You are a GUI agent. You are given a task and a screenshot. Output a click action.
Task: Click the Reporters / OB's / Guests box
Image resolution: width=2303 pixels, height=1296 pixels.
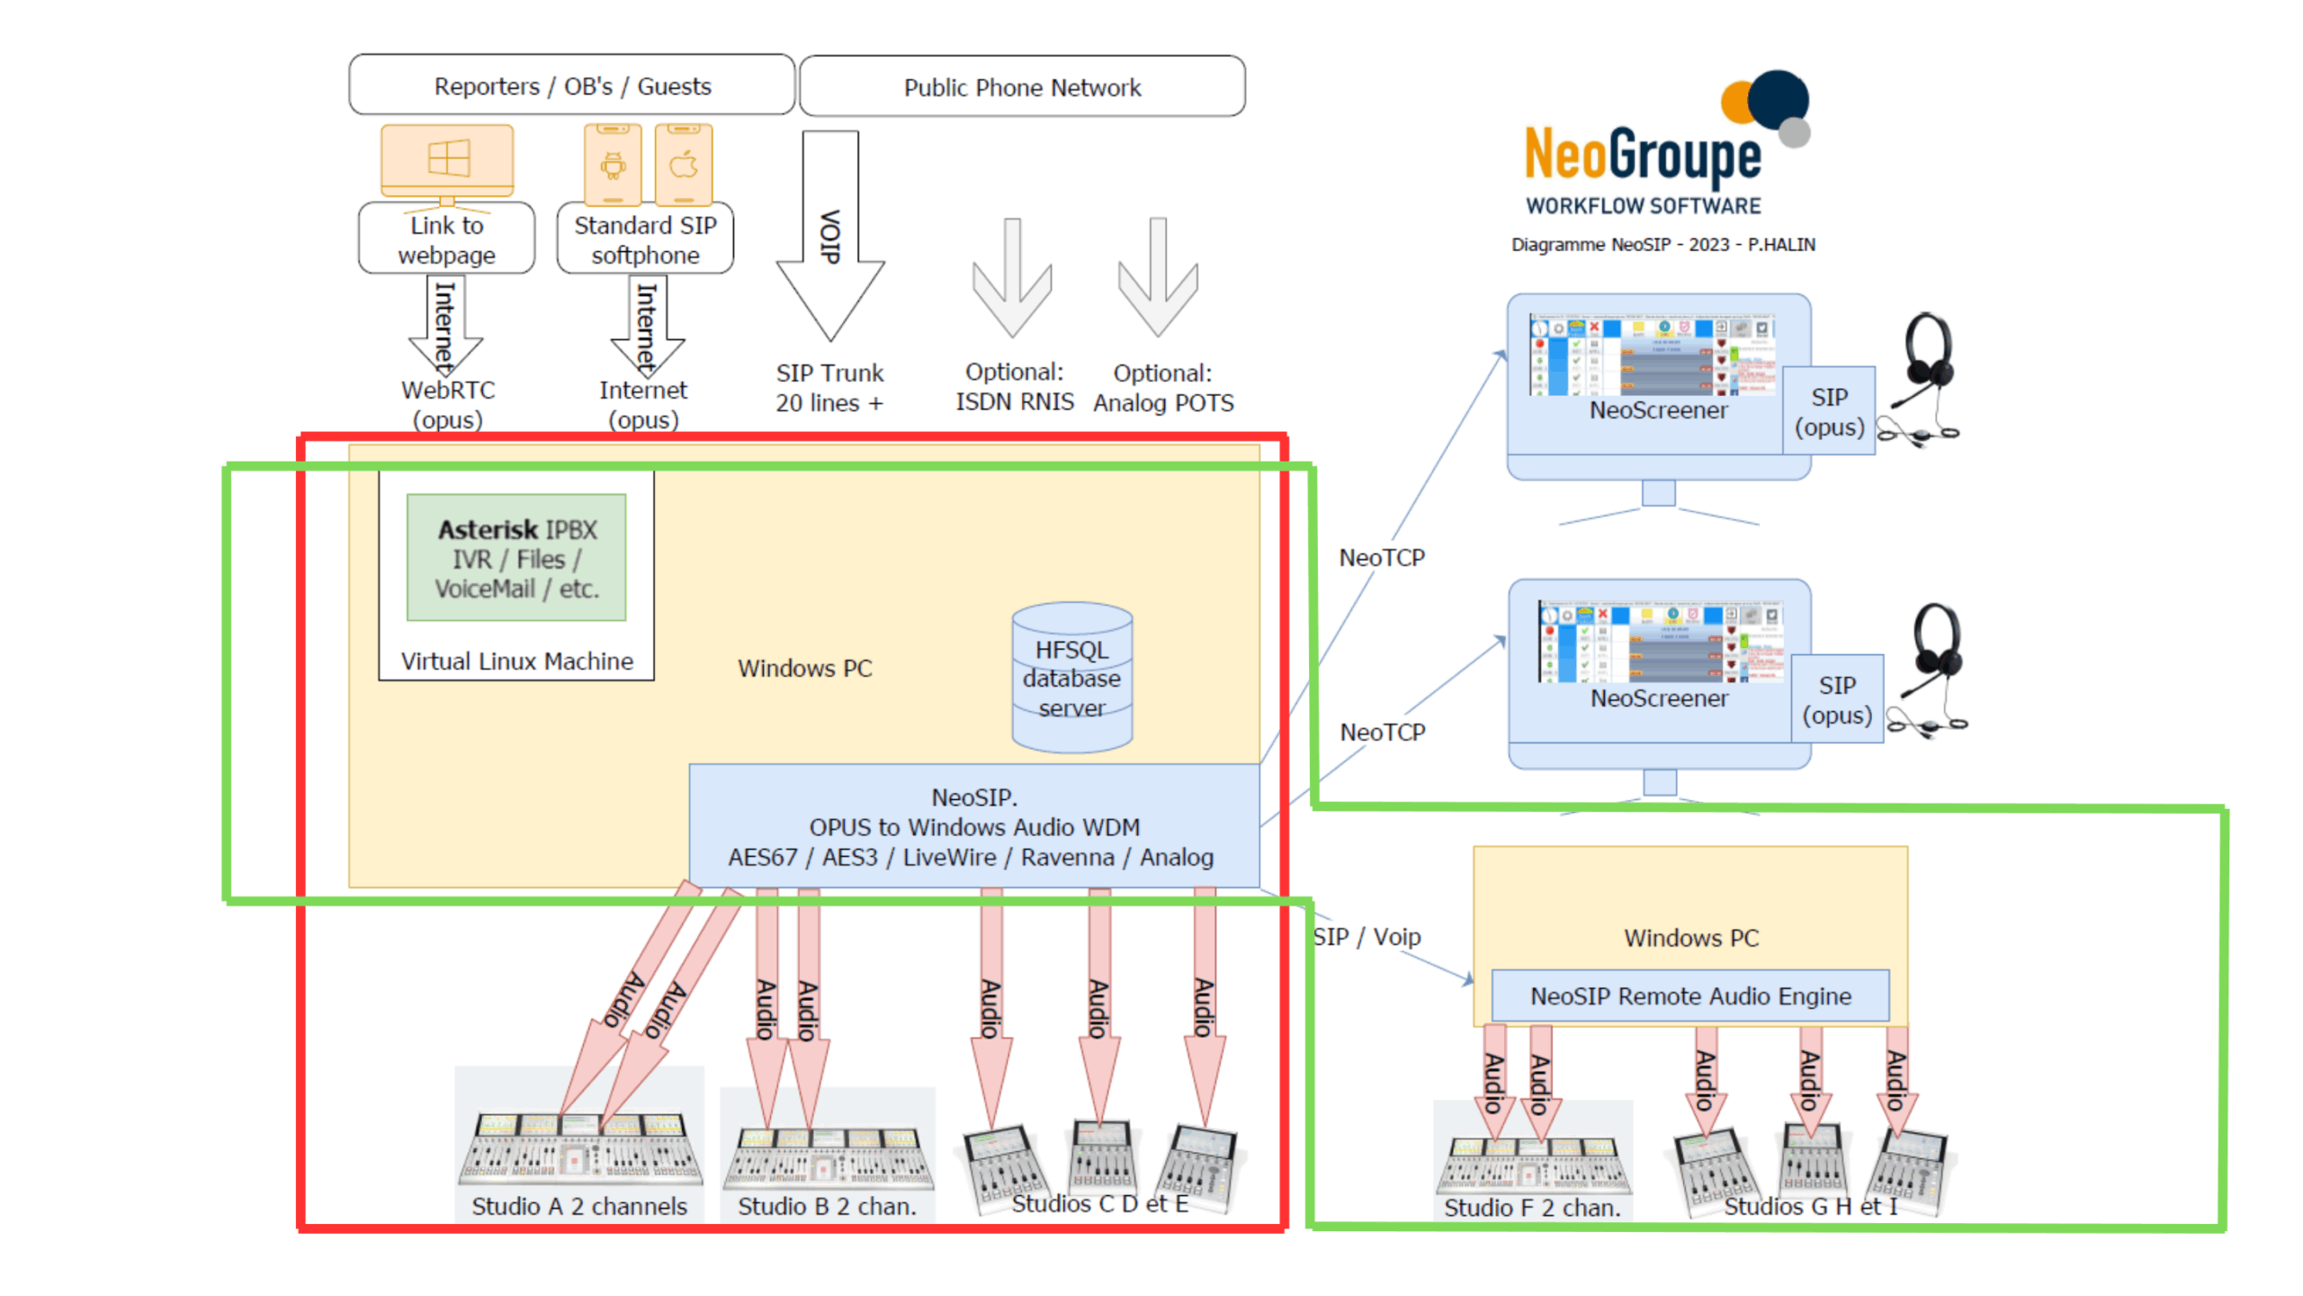(x=571, y=85)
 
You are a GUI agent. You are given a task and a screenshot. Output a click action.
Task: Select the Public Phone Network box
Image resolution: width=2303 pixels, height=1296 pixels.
(x=1021, y=87)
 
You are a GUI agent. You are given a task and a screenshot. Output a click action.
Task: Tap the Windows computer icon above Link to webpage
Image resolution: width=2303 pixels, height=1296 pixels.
(x=447, y=160)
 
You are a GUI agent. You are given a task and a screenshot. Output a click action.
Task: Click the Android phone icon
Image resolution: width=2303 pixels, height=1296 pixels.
(x=613, y=165)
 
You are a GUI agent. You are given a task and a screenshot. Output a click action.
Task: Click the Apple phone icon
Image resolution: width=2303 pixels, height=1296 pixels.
(x=684, y=165)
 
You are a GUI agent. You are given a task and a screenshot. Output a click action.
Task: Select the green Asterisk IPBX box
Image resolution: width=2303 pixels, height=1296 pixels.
(x=516, y=557)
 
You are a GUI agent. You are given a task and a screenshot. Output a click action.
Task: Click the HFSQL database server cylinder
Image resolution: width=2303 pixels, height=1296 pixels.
(x=1071, y=677)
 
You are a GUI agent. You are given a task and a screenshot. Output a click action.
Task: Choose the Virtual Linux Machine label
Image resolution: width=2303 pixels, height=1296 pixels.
(x=516, y=661)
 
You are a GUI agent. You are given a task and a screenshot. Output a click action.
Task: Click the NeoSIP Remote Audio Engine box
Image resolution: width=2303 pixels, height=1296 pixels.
(x=1689, y=995)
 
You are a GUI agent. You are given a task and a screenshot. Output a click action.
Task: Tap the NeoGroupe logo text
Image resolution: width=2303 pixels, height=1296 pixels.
(x=1642, y=155)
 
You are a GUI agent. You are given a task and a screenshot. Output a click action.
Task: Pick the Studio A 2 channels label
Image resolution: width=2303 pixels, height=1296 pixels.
(x=578, y=1206)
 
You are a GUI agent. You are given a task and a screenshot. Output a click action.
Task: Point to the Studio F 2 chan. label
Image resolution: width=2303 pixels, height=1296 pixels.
(x=1531, y=1208)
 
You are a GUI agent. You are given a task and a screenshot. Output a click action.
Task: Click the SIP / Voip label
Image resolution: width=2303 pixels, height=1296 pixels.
(x=1366, y=937)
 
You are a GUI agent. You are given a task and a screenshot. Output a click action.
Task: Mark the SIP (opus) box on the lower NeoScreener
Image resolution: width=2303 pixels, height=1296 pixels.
(x=1836, y=699)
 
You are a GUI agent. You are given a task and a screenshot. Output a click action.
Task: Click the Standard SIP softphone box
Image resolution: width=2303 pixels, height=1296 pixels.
(x=645, y=239)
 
